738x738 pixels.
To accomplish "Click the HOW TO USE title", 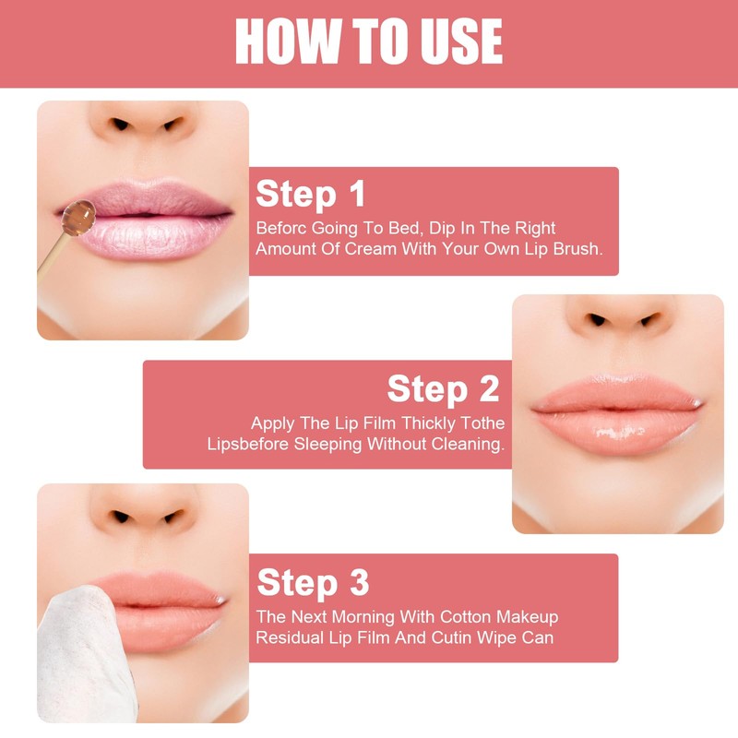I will coord(369,42).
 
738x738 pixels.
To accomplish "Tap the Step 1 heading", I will coord(311,195).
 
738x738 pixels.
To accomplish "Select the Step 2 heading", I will coord(443,388).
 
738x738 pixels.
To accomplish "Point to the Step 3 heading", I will coord(313,582).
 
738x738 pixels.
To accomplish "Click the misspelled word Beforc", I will coord(280,228).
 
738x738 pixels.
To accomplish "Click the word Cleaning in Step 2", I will coord(468,444).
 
